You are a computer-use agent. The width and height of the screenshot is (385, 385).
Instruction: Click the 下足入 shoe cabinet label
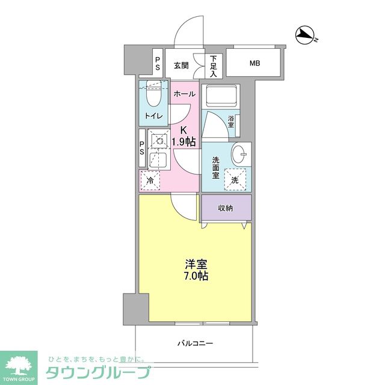pos(214,66)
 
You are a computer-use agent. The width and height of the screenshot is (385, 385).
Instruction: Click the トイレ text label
pos(152,116)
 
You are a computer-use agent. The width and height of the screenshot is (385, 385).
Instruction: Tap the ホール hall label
pos(183,94)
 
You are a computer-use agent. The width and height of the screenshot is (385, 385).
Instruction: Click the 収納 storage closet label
pos(226,208)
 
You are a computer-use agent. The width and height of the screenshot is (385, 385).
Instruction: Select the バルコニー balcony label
pos(194,343)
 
